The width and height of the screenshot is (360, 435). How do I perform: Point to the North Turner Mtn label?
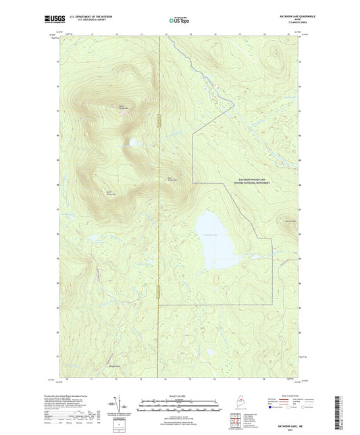pyautogui.click(x=122, y=107)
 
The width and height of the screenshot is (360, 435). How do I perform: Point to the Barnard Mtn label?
pyautogui.click(x=290, y=221)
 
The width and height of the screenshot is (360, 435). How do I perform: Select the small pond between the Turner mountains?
pyautogui.click(x=136, y=143)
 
